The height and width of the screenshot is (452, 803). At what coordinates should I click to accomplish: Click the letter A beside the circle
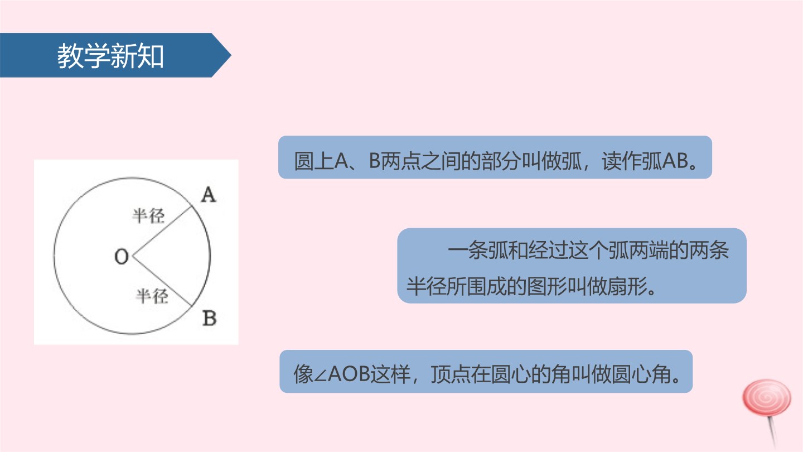click(x=209, y=195)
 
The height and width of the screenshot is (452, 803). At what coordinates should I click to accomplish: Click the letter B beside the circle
click(x=209, y=318)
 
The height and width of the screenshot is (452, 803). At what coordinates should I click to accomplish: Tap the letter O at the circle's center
click(x=122, y=257)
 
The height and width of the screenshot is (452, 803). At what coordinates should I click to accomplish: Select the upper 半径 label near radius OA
click(x=148, y=216)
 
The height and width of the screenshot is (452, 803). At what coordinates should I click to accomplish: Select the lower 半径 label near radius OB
click(x=152, y=296)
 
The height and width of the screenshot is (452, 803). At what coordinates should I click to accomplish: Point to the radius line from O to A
click(x=162, y=230)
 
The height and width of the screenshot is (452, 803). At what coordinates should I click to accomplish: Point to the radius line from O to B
click(x=162, y=281)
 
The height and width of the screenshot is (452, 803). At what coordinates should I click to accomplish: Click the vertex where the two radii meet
click(x=133, y=256)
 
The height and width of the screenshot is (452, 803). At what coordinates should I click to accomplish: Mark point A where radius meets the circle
click(x=192, y=205)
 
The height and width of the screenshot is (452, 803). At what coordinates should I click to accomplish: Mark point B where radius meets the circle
click(x=191, y=306)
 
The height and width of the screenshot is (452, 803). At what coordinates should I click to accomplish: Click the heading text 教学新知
click(x=110, y=56)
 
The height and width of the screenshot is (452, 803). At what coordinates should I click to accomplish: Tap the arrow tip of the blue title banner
click(x=231, y=55)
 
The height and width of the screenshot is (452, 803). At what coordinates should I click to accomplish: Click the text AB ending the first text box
click(x=675, y=160)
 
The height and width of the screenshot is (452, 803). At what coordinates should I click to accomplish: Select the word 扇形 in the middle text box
click(x=628, y=286)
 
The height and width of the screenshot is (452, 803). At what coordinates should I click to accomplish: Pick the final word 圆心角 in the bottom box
click(x=641, y=374)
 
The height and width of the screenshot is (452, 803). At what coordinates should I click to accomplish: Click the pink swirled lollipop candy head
click(x=767, y=398)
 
